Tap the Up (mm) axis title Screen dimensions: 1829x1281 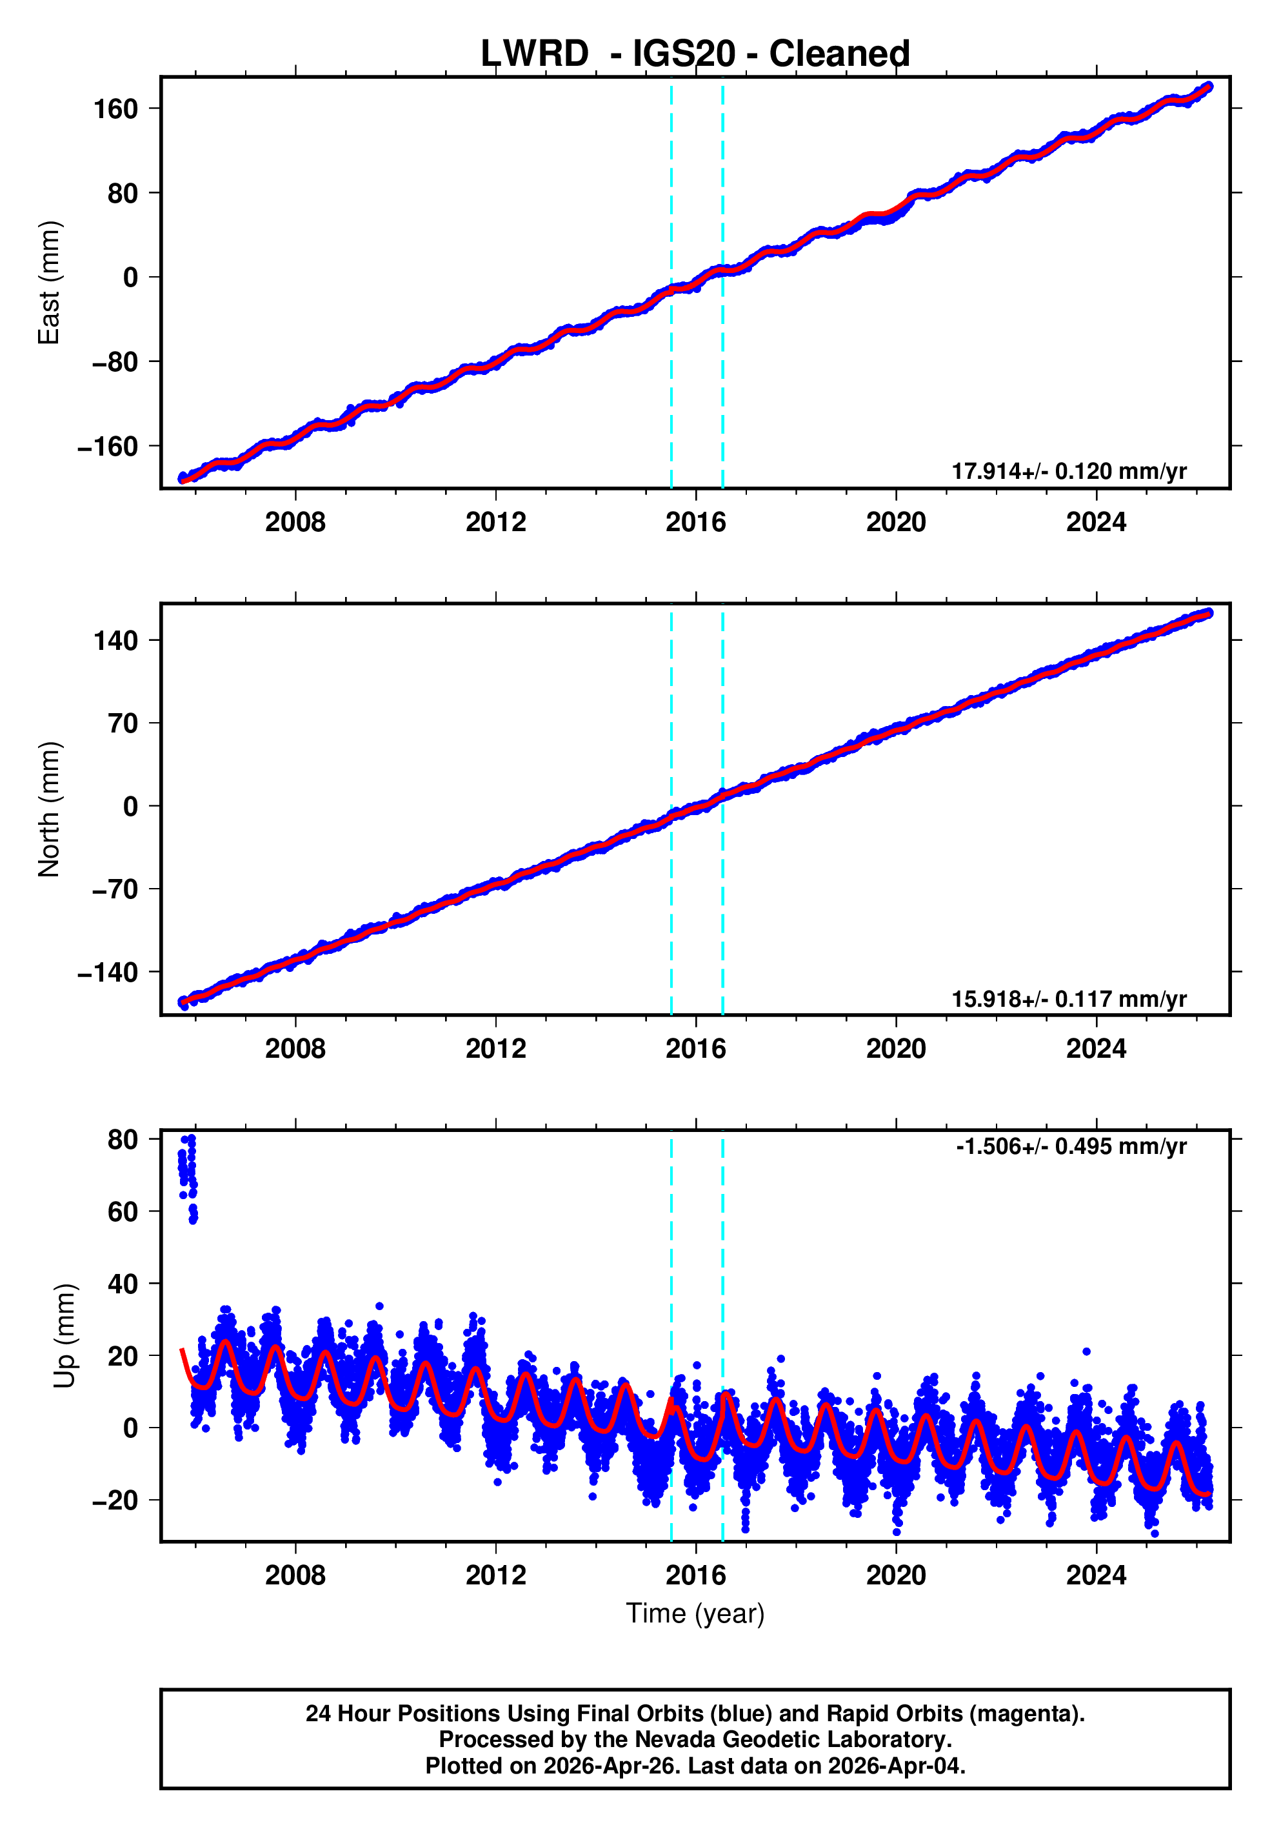[x=65, y=1335]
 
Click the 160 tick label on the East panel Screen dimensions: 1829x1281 [x=115, y=109]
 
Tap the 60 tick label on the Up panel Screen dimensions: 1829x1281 [x=123, y=1211]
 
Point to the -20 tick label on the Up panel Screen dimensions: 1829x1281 [x=115, y=1501]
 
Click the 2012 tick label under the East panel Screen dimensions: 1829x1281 [x=495, y=523]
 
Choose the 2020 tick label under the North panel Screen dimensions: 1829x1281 [x=896, y=1049]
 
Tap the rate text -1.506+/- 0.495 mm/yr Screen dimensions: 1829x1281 [x=1071, y=1146]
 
